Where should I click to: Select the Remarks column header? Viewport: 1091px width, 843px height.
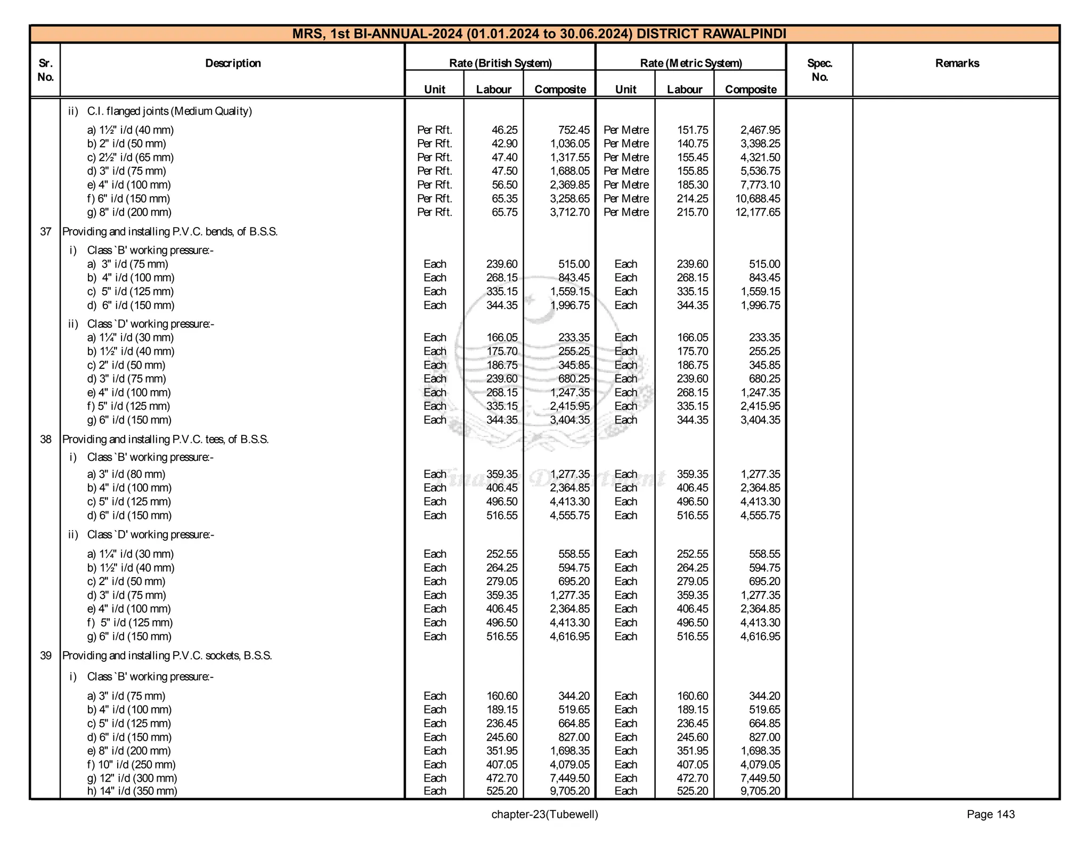coord(957,63)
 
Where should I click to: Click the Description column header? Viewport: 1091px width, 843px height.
coord(233,63)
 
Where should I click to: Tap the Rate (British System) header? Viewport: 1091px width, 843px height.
coord(500,63)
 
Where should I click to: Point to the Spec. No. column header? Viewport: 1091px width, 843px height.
coord(819,70)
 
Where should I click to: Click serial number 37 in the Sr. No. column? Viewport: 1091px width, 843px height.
coord(46,232)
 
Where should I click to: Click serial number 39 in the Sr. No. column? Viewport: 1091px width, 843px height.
coord(46,655)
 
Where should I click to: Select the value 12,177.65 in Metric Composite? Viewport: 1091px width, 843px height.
coord(757,212)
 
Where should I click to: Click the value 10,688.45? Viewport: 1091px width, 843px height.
coord(757,199)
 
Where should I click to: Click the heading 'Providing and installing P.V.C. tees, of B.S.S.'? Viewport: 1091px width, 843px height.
coord(165,440)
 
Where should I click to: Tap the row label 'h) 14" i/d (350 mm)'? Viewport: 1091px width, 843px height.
coord(132,791)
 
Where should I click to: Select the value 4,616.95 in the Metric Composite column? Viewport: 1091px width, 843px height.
coord(760,636)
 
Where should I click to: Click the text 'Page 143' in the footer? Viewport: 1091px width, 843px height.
coord(990,814)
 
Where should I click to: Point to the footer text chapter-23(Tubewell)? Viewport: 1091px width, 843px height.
coord(544,814)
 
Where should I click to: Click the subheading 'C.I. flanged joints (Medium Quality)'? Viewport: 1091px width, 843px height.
coord(169,111)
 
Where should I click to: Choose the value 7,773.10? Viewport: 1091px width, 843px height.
coord(760,185)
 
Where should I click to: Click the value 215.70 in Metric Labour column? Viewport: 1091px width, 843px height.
coord(692,212)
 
